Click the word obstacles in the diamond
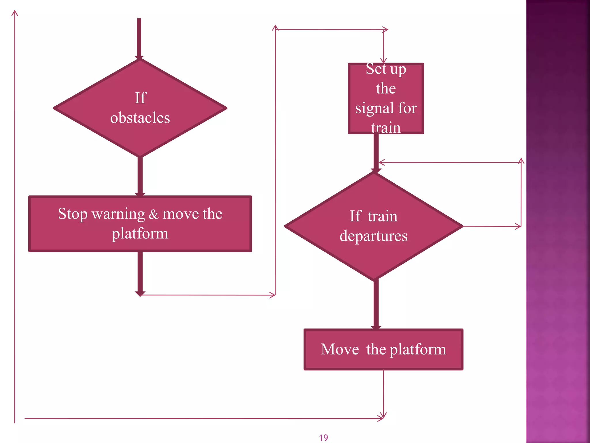140,118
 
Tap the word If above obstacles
141,98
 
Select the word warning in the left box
118,214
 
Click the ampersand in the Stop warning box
154,214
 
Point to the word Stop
73,214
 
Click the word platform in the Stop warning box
140,234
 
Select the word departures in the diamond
373,236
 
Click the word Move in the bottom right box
340,349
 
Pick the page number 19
324,438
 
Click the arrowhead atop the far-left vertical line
15,13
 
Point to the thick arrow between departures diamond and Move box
376,304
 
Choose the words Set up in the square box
386,69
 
